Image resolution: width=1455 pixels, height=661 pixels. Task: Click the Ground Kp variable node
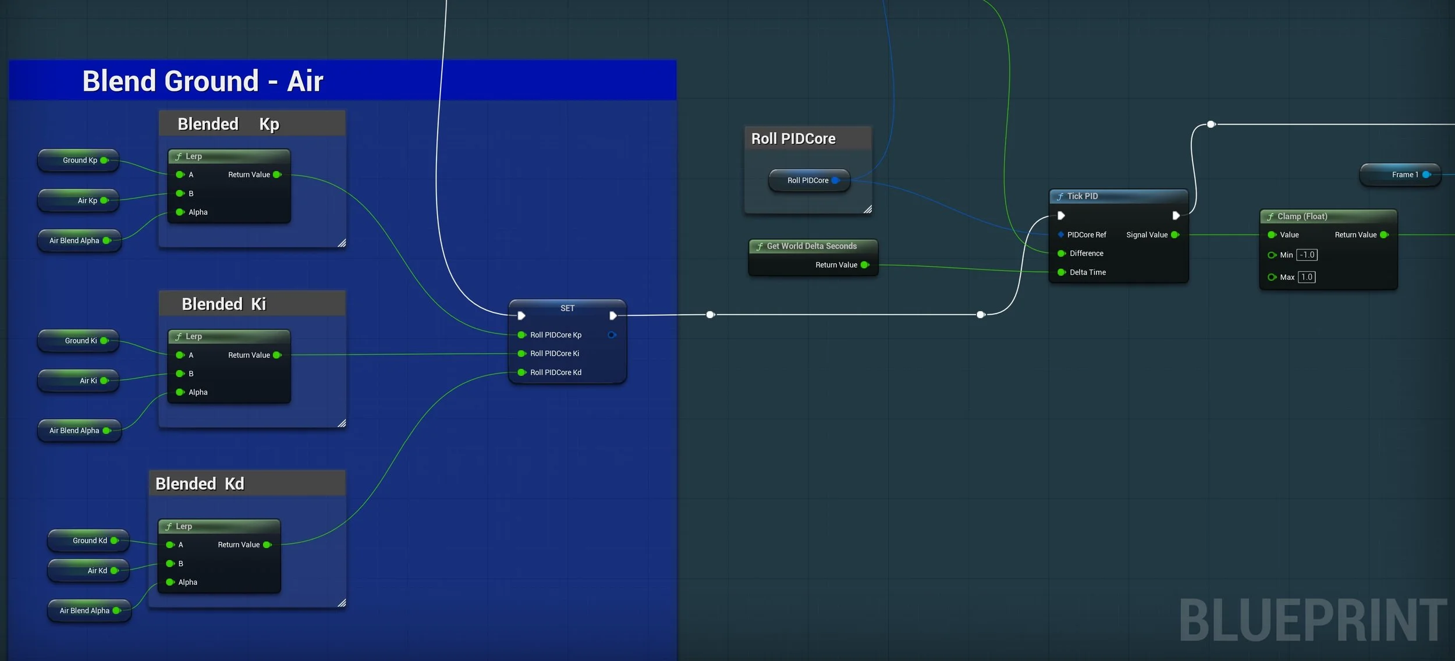click(79, 160)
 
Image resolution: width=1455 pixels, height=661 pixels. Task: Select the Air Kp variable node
click(79, 200)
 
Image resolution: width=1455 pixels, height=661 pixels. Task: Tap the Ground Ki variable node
click(79, 340)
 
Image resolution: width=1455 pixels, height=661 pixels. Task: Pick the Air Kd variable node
click(88, 571)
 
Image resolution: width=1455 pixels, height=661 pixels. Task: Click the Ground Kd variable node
click(88, 541)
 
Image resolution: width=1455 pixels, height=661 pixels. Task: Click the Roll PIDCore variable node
click(809, 180)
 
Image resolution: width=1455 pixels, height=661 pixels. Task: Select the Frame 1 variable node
click(1400, 175)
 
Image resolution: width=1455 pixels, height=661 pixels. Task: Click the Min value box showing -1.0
click(1307, 255)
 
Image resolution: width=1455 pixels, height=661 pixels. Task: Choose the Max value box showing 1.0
click(1307, 277)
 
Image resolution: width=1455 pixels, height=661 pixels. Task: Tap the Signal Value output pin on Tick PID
click(1175, 234)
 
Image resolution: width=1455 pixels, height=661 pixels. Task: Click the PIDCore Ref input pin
click(1061, 234)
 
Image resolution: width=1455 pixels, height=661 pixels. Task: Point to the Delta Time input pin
click(1062, 272)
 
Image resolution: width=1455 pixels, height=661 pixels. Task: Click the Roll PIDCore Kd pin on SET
click(522, 372)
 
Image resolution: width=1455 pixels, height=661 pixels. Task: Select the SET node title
click(567, 308)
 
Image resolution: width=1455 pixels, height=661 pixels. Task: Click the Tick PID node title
click(1083, 196)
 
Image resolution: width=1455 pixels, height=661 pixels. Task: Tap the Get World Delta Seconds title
click(812, 246)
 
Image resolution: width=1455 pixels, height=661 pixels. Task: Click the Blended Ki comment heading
click(224, 304)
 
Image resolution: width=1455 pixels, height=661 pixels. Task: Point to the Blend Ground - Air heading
click(203, 81)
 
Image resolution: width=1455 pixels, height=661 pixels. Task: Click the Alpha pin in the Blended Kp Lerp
click(180, 212)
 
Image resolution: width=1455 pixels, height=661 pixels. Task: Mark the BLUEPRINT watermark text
click(1313, 620)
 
